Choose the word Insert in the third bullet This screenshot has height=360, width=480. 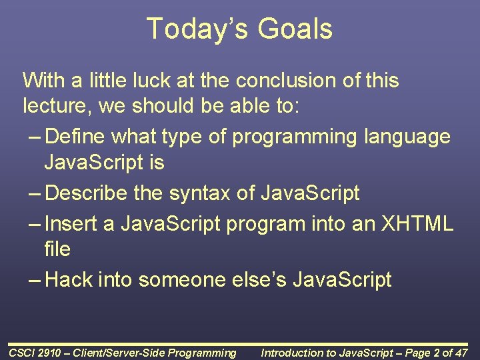71,223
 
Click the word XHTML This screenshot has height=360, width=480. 418,223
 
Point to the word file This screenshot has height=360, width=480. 57,249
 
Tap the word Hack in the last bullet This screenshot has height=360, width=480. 69,279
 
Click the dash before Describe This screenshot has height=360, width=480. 35,194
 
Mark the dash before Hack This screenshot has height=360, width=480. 35,280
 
